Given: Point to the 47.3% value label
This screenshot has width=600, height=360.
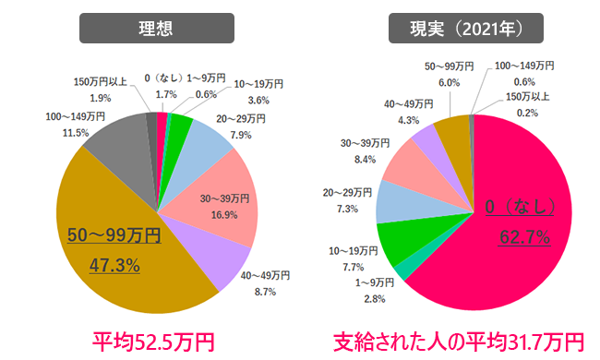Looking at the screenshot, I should click(114, 266).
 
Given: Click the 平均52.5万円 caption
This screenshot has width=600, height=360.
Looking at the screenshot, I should click(153, 342).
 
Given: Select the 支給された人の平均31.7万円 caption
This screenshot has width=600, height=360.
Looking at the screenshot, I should click(460, 342).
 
